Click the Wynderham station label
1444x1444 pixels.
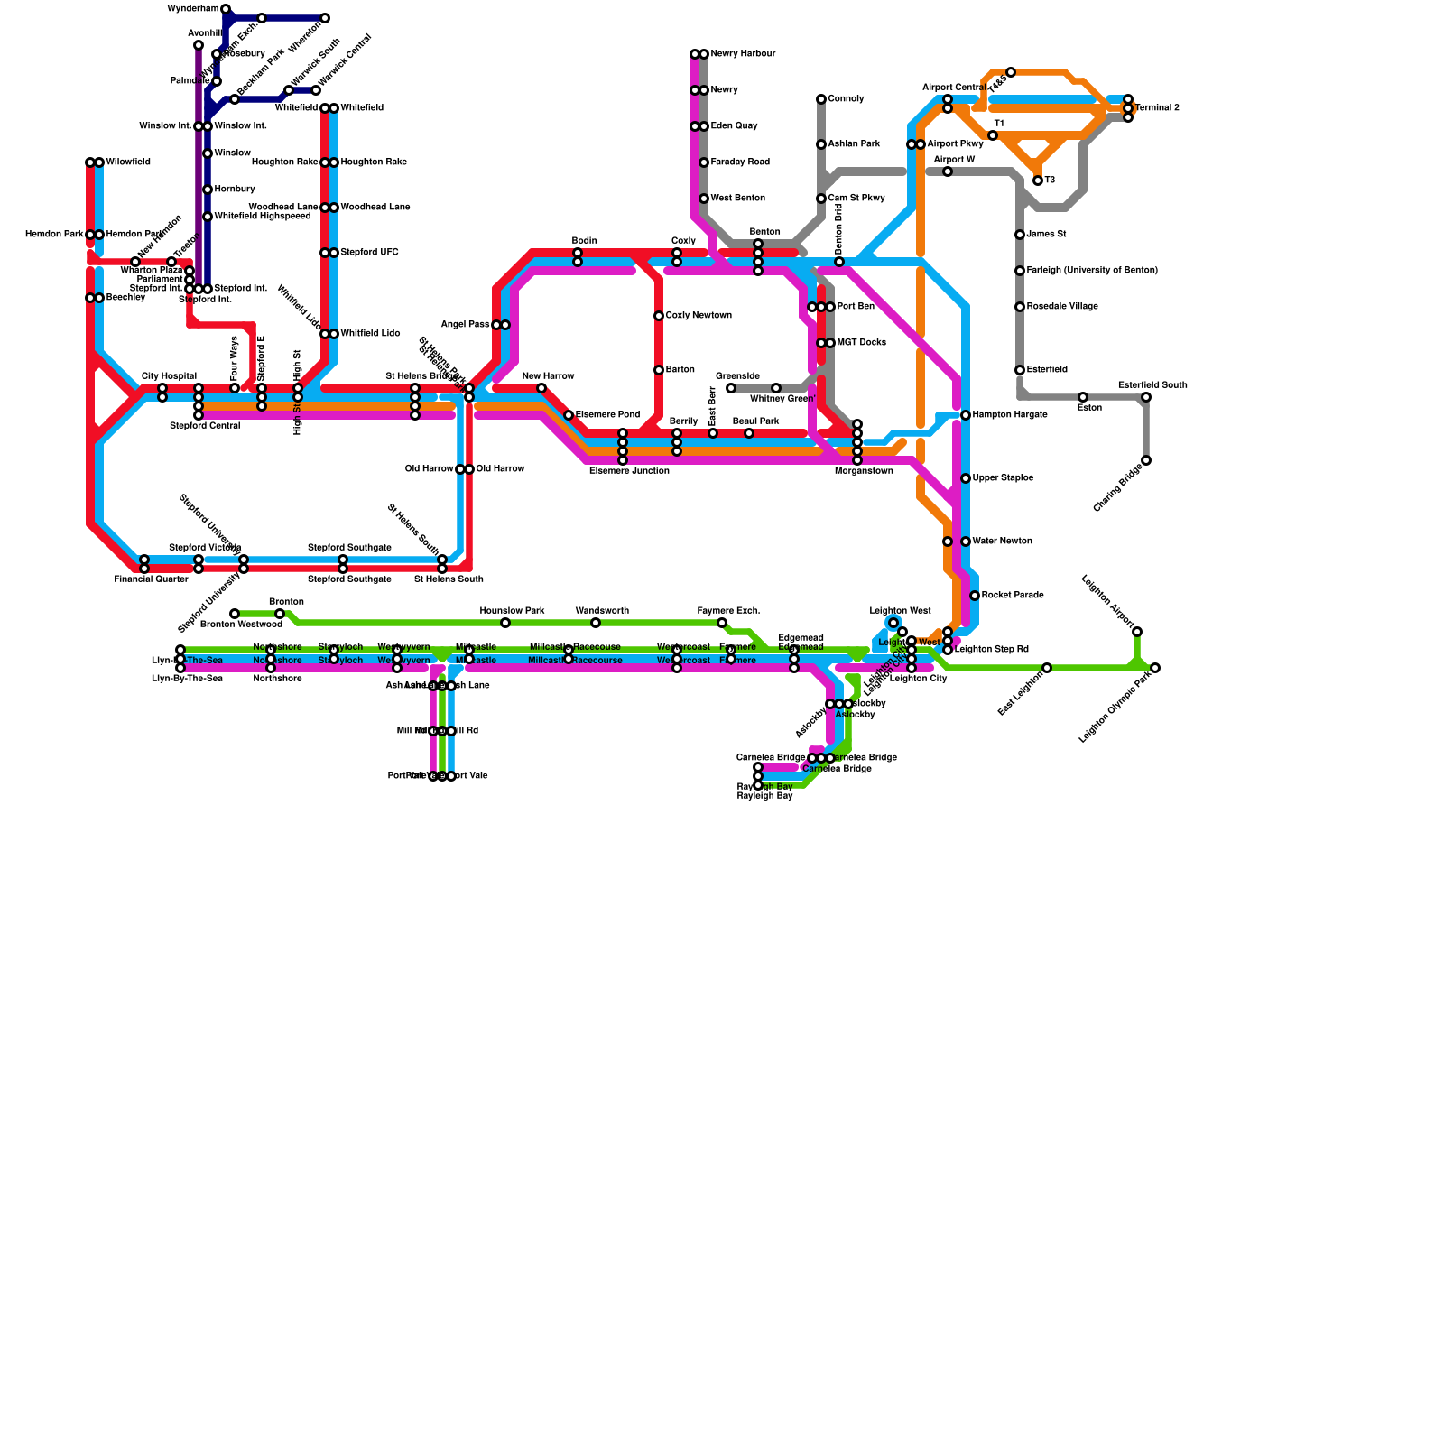click(193, 9)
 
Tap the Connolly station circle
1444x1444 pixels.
click(821, 99)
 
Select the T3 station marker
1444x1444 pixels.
click(1038, 180)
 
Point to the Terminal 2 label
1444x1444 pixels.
click(1157, 108)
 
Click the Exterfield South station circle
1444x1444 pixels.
click(1146, 397)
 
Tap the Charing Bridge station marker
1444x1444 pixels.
click(1146, 460)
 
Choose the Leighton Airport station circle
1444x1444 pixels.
click(1137, 632)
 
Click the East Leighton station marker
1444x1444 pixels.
click(1047, 668)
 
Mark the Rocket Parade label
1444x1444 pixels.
click(1013, 596)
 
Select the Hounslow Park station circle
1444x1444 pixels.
click(505, 623)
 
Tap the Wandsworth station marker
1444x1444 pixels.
click(596, 623)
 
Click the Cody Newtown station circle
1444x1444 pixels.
click(659, 316)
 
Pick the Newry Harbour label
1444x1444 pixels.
click(743, 54)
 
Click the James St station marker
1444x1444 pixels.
click(1020, 235)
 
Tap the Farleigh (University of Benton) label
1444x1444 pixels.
click(1092, 271)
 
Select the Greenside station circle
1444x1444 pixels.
click(731, 388)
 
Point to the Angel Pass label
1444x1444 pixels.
click(465, 325)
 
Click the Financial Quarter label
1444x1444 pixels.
click(151, 579)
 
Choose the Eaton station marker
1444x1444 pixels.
click(1083, 397)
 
